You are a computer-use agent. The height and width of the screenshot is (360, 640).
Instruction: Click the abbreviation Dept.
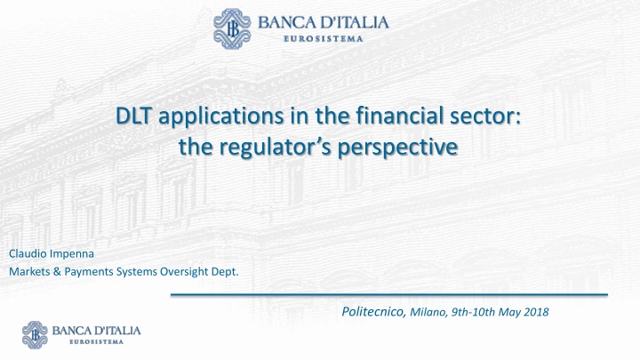tap(224, 272)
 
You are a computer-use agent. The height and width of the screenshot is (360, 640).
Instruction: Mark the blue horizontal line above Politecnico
tap(388, 293)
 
